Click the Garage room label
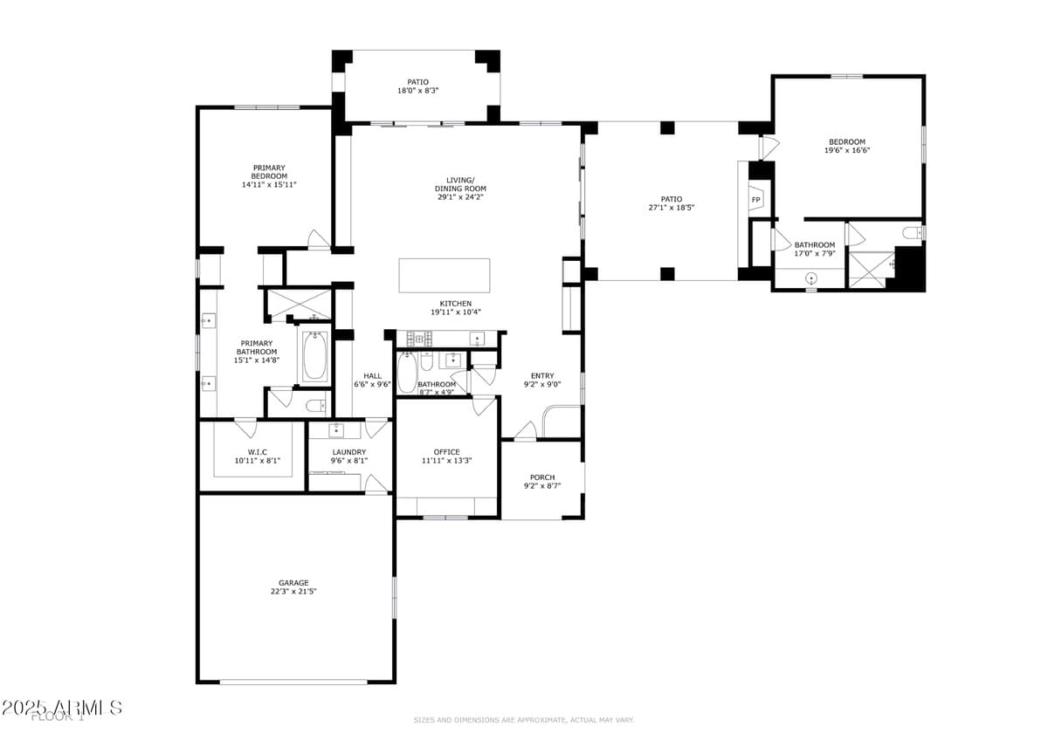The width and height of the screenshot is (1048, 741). [x=293, y=583]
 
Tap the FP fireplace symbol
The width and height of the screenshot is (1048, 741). [x=756, y=200]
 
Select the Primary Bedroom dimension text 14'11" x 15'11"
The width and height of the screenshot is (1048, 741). [x=269, y=184]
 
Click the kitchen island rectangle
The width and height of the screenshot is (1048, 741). [x=445, y=276]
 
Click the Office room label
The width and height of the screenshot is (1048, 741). [x=446, y=452]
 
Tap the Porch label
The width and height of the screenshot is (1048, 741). [x=542, y=477]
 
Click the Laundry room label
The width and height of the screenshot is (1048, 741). [x=348, y=452]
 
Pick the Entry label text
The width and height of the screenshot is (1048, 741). [x=542, y=376]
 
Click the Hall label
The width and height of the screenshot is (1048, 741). [x=373, y=376]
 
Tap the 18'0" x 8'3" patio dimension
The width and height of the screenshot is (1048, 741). [x=418, y=90]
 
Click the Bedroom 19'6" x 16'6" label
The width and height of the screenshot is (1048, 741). [x=847, y=146]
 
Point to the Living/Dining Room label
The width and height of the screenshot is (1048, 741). [x=460, y=189]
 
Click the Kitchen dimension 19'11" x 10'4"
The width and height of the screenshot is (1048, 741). [x=456, y=312]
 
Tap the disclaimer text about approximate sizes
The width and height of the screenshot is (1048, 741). [x=523, y=720]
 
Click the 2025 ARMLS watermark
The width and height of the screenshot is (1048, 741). [x=61, y=708]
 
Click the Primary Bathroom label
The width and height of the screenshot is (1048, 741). [x=256, y=347]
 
